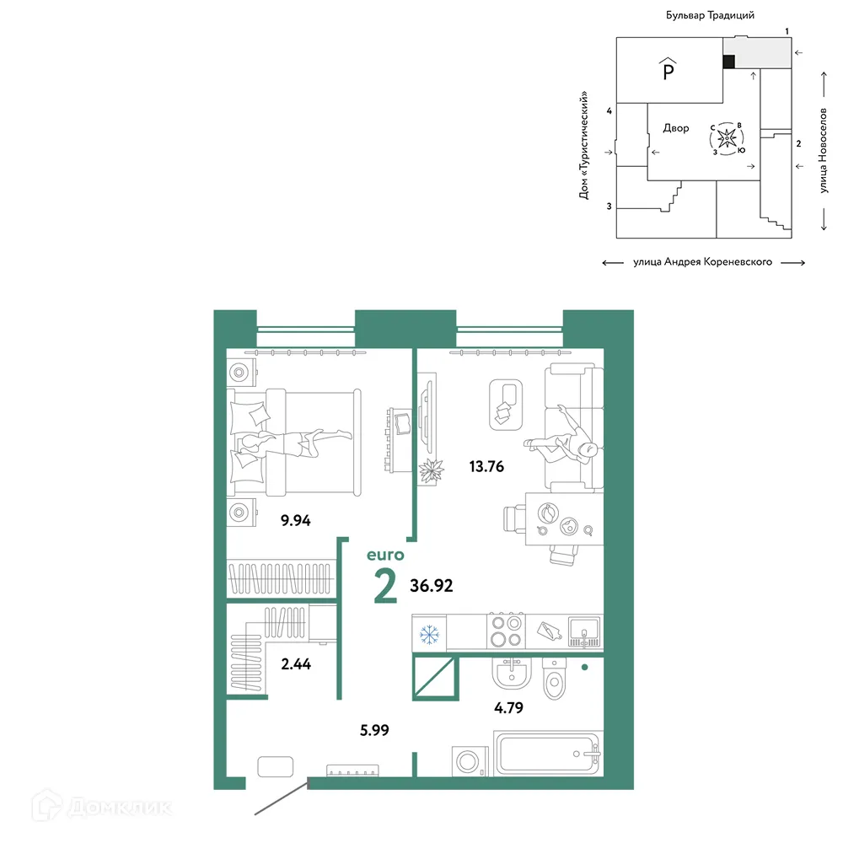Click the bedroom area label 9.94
click(x=295, y=520)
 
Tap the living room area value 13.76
click(x=486, y=466)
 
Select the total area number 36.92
click(x=431, y=586)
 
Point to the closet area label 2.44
click(x=296, y=664)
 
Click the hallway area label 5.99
click(x=374, y=730)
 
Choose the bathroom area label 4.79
click(x=508, y=707)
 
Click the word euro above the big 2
click(x=385, y=555)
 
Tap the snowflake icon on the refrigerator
click(x=429, y=635)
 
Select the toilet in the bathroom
click(x=555, y=679)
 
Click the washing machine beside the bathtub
click(x=470, y=760)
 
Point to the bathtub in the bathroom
click(x=548, y=754)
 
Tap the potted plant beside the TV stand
click(x=431, y=471)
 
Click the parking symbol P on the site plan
click(x=668, y=69)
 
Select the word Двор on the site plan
click(x=676, y=128)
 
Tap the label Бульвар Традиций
click(x=710, y=15)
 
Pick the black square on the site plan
click(x=728, y=62)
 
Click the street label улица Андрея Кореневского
click(x=702, y=262)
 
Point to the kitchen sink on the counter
click(x=584, y=631)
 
